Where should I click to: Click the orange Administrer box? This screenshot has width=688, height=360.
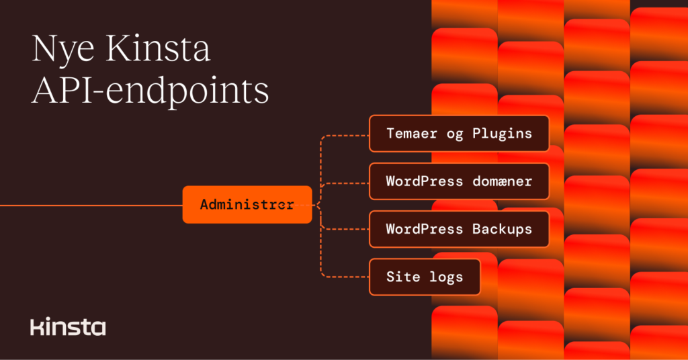tap(247, 205)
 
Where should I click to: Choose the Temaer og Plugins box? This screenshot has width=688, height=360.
tap(459, 133)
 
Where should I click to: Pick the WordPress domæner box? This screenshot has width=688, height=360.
tap(459, 181)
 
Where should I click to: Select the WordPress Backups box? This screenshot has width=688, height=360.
tap(459, 229)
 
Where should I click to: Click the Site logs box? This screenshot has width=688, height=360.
tap(425, 277)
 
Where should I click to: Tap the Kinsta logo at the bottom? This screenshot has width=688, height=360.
tap(68, 327)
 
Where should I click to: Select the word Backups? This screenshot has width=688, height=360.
tap(502, 229)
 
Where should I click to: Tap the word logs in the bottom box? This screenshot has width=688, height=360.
tap(445, 277)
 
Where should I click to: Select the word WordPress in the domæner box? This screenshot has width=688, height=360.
tap(424, 181)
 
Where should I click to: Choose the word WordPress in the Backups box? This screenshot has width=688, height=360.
tap(424, 229)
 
